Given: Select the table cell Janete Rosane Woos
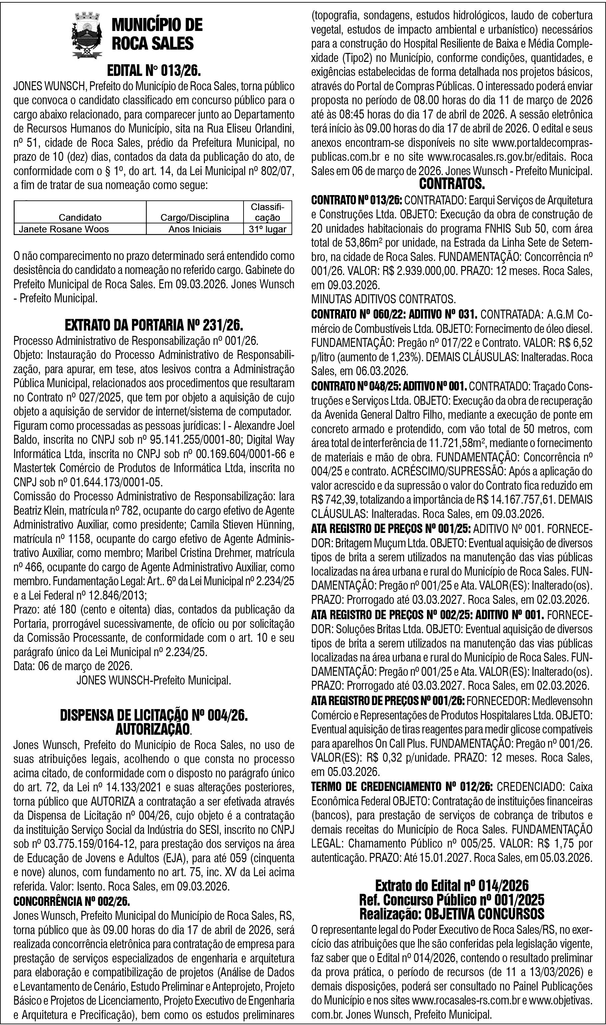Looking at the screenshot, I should tap(64, 229).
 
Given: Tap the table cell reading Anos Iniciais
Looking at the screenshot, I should tap(195, 229).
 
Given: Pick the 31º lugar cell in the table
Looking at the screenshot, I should tap(268, 229).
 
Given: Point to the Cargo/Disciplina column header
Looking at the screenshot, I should tap(195, 217).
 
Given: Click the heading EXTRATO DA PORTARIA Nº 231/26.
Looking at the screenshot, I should tap(154, 325).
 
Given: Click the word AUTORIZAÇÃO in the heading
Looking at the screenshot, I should tap(153, 729).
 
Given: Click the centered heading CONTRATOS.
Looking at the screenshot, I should tap(452, 184).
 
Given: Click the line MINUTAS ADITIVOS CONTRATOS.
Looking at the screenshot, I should tap(383, 300).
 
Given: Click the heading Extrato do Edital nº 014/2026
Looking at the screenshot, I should tap(452, 886).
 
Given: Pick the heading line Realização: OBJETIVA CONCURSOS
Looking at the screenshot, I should tap(452, 913).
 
